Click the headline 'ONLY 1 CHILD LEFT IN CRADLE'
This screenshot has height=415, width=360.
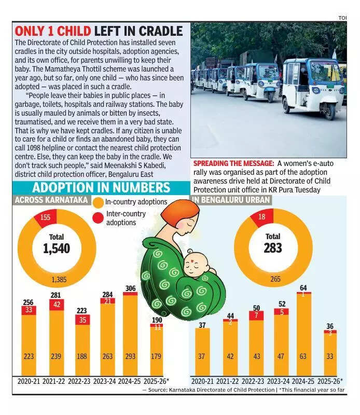tap(99, 31)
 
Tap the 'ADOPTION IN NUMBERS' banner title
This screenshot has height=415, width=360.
tap(101, 188)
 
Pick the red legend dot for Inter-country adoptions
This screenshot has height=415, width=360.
tap(98, 217)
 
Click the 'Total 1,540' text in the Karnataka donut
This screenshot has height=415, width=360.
tap(57, 244)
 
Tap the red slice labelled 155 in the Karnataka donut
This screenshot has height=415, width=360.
tap(45, 217)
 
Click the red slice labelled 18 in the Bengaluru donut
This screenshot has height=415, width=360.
tap(261, 217)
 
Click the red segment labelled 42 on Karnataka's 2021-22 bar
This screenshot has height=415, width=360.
tap(57, 305)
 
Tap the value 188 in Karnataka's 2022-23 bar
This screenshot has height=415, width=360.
tap(82, 356)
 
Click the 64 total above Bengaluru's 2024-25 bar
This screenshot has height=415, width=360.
tap(303, 288)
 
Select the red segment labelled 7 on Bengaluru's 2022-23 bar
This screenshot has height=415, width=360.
tap(256, 315)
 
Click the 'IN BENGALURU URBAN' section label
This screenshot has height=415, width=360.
tap(231, 200)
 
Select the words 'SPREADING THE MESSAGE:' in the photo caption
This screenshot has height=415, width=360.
tap(233, 163)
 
